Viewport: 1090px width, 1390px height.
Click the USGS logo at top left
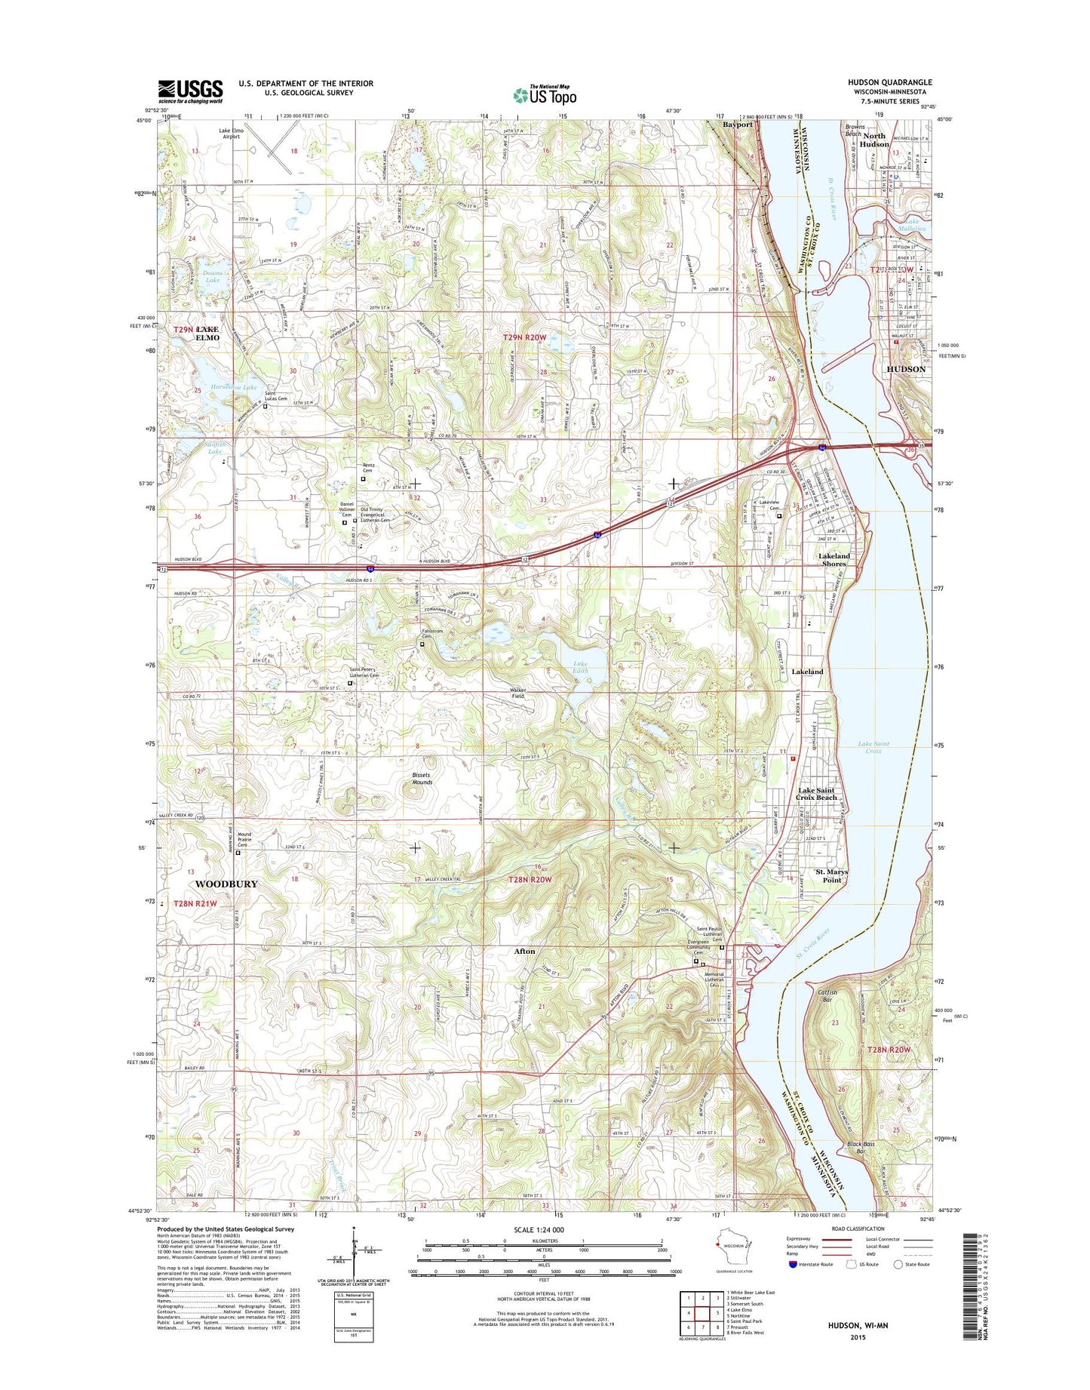pyautogui.click(x=190, y=91)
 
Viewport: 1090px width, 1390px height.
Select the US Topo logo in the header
pyautogui.click(x=545, y=94)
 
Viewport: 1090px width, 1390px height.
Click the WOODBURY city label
pyautogui.click(x=226, y=884)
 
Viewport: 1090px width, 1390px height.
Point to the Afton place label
pyautogui.click(x=524, y=952)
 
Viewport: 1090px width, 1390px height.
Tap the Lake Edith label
pyautogui.click(x=580, y=667)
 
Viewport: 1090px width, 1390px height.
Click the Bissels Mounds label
pyautogui.click(x=422, y=779)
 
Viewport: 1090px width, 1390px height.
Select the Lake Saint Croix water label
pyautogui.click(x=874, y=747)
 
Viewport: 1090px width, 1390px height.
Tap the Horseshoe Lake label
pyautogui.click(x=234, y=387)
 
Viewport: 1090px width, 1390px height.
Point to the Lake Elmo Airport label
pyautogui.click(x=229, y=134)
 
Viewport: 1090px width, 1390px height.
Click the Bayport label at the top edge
pyautogui.click(x=738, y=125)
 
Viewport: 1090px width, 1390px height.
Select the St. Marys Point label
pyautogui.click(x=832, y=875)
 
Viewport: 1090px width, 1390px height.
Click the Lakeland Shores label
pyautogui.click(x=834, y=560)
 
